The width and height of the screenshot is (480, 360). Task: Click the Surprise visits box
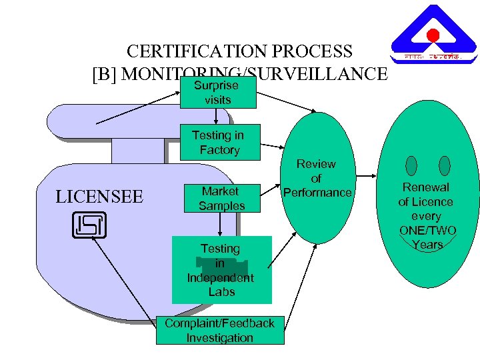point(218,93)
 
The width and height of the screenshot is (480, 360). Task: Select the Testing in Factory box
point(219,142)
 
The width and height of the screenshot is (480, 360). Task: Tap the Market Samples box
point(221,199)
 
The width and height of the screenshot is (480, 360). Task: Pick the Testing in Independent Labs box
point(221,269)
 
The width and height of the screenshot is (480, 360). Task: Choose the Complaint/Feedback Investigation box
point(219,331)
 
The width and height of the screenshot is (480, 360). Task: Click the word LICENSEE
point(99,197)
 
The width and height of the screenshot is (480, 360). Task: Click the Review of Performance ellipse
point(317,178)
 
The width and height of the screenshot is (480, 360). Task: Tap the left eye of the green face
point(411,165)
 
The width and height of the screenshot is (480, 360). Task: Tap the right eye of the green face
point(445,165)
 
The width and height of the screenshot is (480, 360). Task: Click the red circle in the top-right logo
point(433,35)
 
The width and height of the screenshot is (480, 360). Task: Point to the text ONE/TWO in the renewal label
point(427,231)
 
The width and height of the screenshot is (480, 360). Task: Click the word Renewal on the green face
point(425,187)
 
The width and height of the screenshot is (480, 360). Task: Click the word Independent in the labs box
point(221,277)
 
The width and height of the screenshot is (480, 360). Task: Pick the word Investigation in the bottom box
point(220,338)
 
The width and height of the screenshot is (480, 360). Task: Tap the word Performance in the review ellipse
point(317,193)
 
